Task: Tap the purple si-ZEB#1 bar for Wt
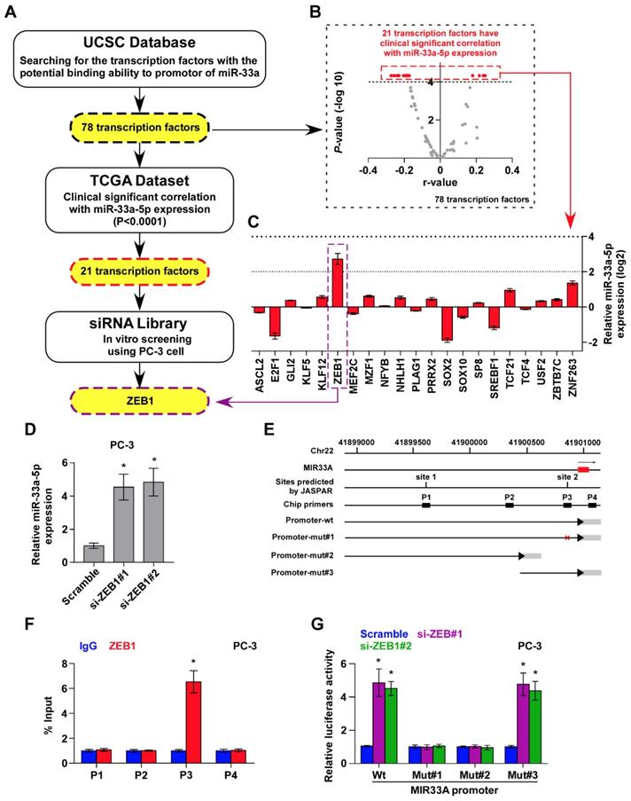pos(378,722)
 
